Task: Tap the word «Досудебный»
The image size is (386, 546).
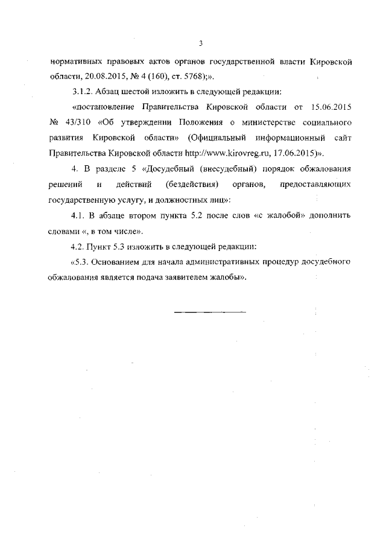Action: click(x=170, y=167)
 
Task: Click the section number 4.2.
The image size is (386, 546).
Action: click(x=78, y=246)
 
